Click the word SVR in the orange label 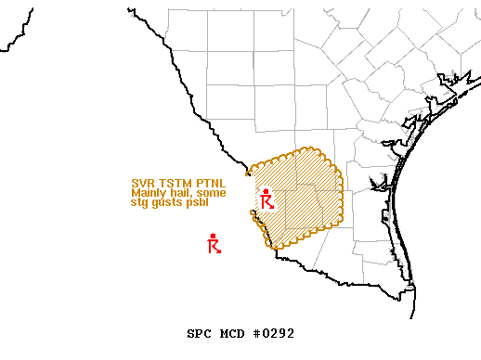pos(142,183)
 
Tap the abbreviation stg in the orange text pos(139,202)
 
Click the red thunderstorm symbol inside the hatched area pos(266,199)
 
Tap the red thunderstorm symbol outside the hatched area pos(214,244)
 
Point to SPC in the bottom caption pos(197,332)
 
